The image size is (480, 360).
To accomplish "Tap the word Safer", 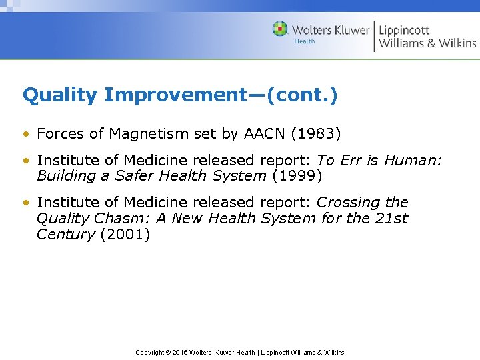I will [x=136, y=177].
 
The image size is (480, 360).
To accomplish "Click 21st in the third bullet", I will [x=393, y=219].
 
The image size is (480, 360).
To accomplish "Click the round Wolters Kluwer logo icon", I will [x=280, y=29].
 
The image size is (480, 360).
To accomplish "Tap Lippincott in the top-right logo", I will [x=404, y=30].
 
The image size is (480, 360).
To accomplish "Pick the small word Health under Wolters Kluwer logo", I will [x=304, y=41].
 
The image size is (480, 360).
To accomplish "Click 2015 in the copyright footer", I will [x=179, y=352].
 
